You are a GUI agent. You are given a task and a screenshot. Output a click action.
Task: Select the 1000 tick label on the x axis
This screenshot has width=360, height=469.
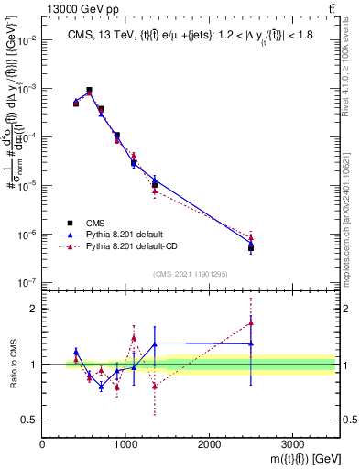point(125,443)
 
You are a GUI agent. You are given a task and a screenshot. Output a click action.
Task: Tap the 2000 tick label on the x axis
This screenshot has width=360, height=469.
point(209,443)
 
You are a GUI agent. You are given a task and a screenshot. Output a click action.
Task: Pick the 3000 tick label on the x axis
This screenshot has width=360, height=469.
point(291,443)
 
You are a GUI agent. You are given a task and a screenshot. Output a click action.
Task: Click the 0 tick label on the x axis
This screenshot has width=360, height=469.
point(42,443)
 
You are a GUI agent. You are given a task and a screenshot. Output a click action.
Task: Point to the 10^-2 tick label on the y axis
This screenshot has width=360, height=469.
point(28,41)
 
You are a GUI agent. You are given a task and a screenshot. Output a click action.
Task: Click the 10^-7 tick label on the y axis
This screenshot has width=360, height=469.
point(28,282)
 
